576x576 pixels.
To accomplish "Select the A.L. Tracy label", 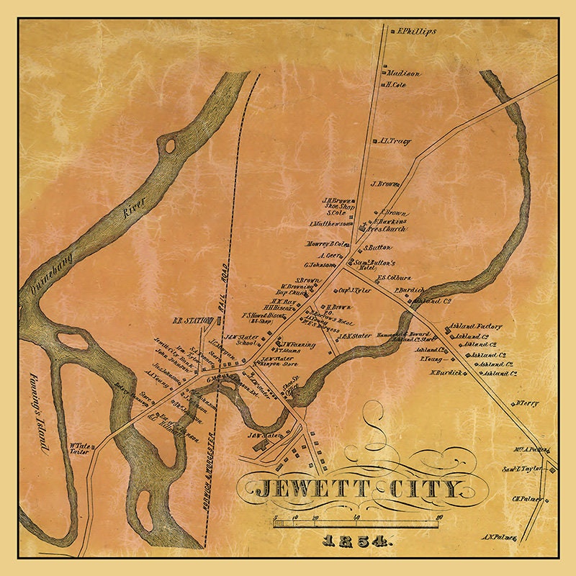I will (x=395, y=141).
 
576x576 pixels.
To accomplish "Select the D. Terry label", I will (x=527, y=403).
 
